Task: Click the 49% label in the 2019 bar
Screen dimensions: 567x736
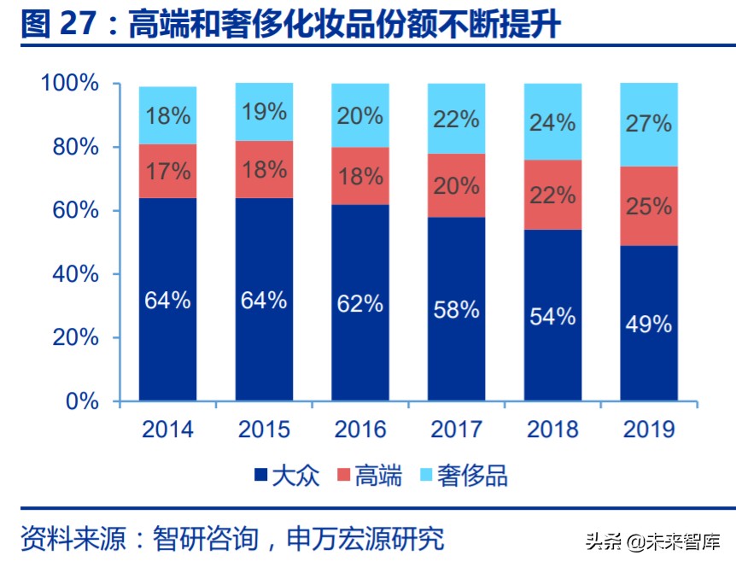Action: [648, 324]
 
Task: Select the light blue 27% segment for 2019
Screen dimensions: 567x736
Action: [648, 125]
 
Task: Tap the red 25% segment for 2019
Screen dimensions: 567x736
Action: [648, 206]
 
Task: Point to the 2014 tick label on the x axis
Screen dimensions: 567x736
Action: [167, 428]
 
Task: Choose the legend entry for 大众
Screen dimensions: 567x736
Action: [286, 476]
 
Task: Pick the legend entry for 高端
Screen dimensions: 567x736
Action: [370, 476]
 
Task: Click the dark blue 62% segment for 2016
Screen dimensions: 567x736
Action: [359, 302]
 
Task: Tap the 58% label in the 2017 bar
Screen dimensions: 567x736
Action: [456, 309]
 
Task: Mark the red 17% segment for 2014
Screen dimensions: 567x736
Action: [167, 171]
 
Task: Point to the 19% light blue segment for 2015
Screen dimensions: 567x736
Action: [264, 112]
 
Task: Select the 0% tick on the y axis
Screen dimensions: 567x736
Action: [82, 400]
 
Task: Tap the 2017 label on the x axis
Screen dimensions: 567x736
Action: [456, 428]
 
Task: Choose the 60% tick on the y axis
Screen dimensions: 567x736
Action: [76, 211]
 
